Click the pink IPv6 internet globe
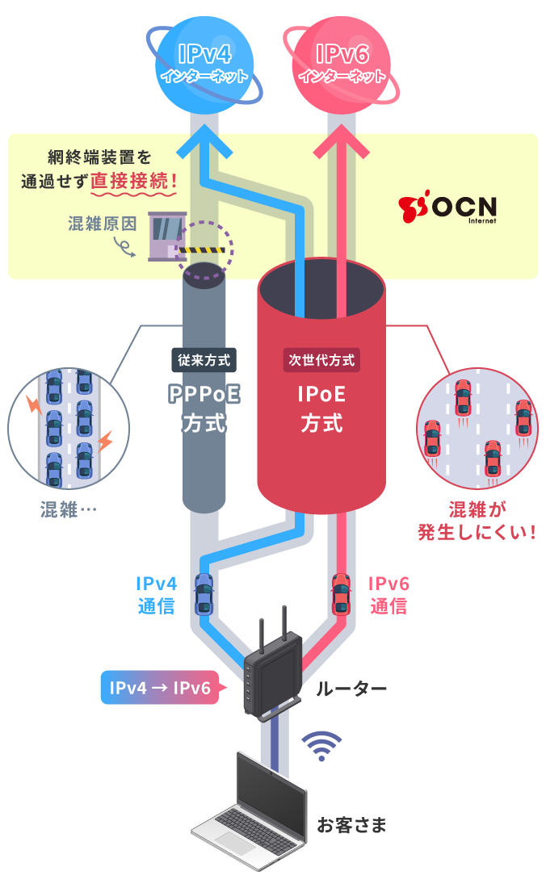point(340,63)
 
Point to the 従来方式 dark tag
point(205,360)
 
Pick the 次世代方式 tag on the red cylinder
point(321,360)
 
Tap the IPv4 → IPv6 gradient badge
point(159,688)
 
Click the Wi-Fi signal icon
point(324,746)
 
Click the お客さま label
point(351,826)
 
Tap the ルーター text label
point(351,689)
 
